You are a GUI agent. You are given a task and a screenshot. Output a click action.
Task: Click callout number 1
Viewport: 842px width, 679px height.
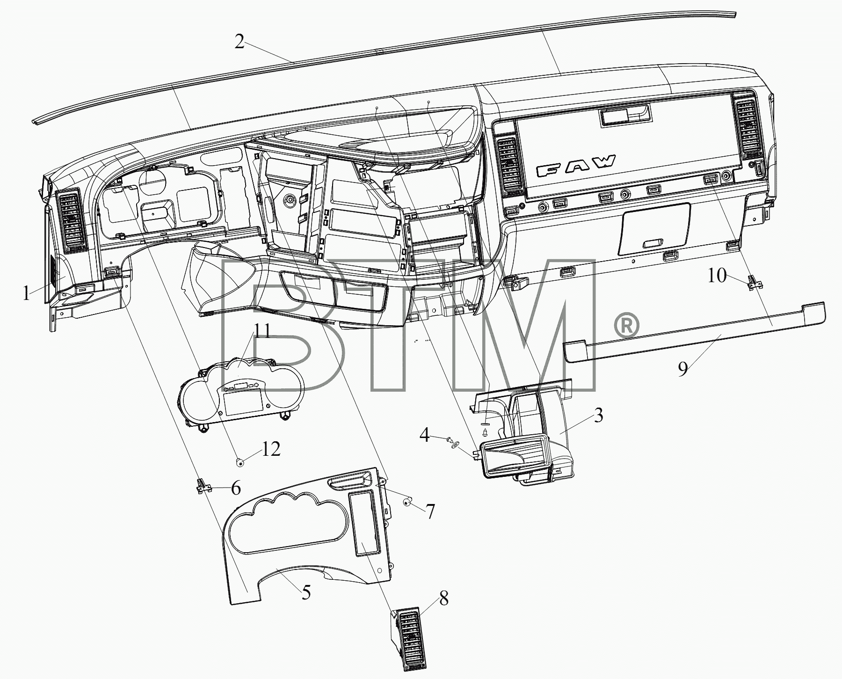27,294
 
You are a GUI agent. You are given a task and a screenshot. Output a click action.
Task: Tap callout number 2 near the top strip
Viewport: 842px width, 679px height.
240,43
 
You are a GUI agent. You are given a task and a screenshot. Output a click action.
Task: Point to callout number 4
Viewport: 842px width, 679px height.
424,436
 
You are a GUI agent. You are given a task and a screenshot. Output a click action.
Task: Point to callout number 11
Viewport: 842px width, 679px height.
262,333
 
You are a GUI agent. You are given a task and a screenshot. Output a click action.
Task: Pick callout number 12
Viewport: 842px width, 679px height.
271,449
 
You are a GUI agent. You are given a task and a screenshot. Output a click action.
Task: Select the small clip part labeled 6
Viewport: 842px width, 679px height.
202,486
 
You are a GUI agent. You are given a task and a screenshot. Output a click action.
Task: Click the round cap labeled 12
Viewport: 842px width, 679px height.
240,462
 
